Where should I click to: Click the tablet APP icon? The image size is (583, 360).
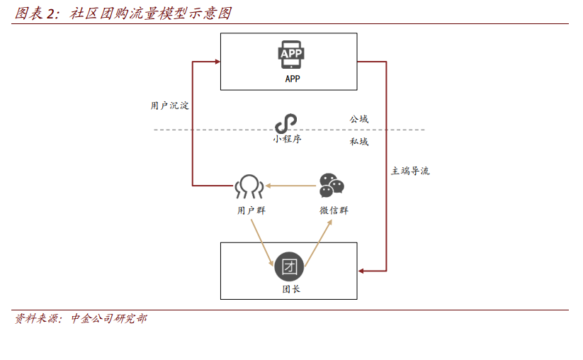[x=291, y=55]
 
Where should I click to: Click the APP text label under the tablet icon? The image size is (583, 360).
[x=293, y=79]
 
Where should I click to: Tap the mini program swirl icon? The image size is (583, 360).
[x=286, y=123]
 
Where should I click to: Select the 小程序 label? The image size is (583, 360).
[x=287, y=139]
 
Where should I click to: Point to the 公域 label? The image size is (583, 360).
[x=359, y=119]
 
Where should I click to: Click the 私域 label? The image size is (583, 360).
[x=359, y=142]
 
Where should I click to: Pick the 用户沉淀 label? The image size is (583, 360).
[x=169, y=106]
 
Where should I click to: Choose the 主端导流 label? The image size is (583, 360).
[x=410, y=171]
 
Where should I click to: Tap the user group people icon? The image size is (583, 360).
[x=249, y=186]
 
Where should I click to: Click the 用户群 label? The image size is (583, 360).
[x=251, y=210]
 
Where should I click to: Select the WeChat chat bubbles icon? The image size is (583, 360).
[x=332, y=185]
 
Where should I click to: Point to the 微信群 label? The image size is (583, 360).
[x=334, y=210]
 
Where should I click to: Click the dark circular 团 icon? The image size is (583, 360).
[x=289, y=266]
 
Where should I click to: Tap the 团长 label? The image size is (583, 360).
[x=291, y=289]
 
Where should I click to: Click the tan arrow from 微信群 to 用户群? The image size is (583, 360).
[x=290, y=186]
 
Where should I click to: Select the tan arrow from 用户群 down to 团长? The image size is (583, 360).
[x=263, y=243]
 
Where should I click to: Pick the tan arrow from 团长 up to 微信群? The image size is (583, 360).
[x=319, y=243]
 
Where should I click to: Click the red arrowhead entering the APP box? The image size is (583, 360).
[x=217, y=62]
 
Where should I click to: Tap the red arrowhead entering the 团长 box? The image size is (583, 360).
[x=361, y=271]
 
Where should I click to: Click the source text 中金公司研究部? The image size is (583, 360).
[x=109, y=319]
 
